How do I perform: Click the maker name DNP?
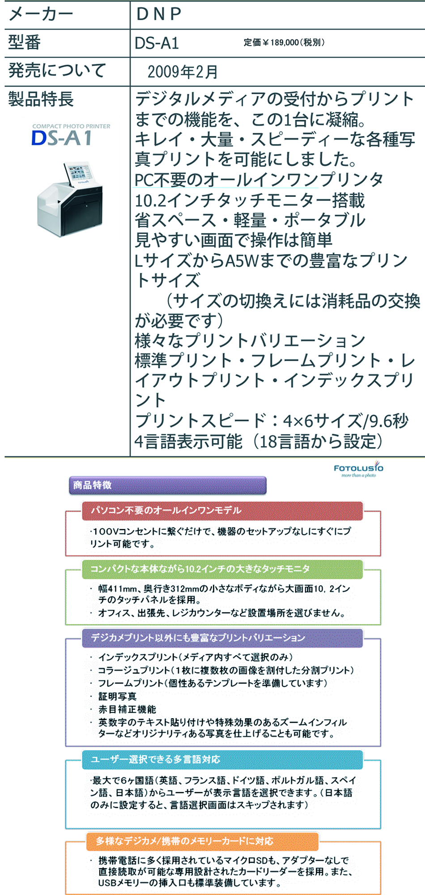click(x=158, y=14)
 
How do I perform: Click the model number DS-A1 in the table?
click(x=157, y=43)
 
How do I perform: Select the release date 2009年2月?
click(x=183, y=72)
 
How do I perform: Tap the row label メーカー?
click(x=41, y=14)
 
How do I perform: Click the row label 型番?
click(x=25, y=43)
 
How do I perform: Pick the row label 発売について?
click(x=57, y=71)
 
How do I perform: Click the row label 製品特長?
click(x=41, y=99)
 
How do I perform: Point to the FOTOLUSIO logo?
click(x=359, y=469)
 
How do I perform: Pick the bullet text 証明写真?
click(x=117, y=696)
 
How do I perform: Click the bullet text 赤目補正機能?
click(x=127, y=709)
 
